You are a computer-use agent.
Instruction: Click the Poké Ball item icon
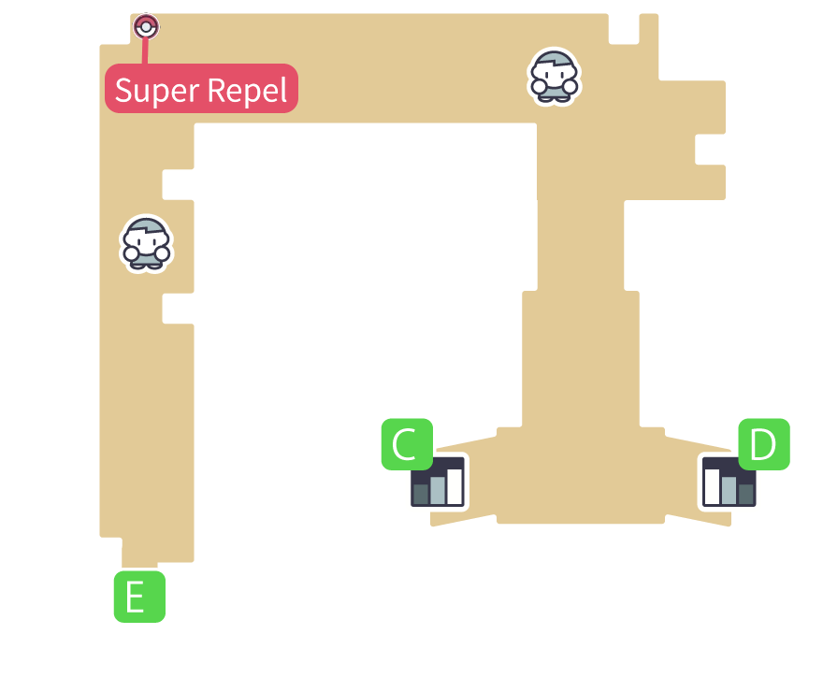146,26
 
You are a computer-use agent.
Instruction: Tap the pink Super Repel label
201,89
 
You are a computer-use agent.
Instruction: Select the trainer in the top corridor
554,77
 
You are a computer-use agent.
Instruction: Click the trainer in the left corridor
146,243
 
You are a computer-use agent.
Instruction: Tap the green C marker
406,444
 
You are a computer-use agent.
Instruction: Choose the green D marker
764,444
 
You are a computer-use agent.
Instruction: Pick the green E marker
139,597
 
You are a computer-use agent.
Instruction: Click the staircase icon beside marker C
438,483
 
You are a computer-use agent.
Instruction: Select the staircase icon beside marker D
729,483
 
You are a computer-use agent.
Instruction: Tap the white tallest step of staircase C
455,484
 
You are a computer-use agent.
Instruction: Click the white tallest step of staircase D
713,485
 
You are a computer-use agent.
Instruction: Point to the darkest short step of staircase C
421,493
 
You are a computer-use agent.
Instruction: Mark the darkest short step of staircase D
745,493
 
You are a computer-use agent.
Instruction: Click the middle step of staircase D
729,489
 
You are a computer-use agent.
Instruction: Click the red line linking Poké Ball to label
145,51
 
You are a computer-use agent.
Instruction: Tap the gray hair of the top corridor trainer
554,63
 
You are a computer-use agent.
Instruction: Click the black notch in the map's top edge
623,28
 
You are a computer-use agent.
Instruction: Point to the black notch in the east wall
710,150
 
